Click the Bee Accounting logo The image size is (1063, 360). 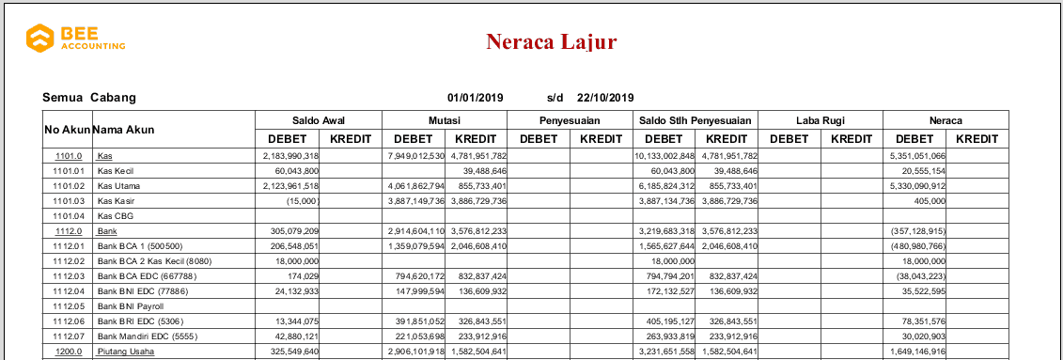tap(75, 39)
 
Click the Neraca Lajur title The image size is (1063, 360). tap(551, 41)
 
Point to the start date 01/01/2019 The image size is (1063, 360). tap(476, 97)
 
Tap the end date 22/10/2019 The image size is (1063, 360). tap(605, 97)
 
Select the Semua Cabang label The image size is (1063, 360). tap(89, 97)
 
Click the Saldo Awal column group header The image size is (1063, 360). tap(319, 120)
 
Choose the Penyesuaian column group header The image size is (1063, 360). tap(569, 120)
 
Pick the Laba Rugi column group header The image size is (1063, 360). tap(820, 120)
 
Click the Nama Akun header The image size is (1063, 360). tap(123, 129)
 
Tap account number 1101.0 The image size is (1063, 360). tap(70, 156)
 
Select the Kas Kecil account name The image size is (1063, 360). tap(116, 172)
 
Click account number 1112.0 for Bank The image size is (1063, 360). tap(70, 230)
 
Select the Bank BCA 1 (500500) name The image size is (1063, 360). tap(138, 246)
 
